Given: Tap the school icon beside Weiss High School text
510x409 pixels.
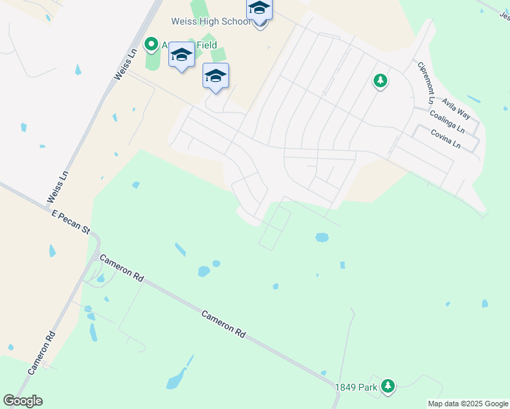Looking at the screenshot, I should coord(259,10).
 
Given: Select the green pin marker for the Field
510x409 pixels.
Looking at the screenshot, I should coord(151,46).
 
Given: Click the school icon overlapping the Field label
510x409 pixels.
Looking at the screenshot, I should coord(181,55).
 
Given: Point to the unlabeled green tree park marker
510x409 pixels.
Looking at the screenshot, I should coord(380,82).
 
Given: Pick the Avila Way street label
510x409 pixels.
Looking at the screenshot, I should coord(455,108).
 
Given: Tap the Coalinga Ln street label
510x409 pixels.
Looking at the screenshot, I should coord(447,123).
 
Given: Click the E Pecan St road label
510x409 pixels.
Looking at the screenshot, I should coord(71,223).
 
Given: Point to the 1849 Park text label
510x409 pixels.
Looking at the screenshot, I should coord(356,387).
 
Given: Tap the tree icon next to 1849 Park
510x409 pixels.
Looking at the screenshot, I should coord(388,387).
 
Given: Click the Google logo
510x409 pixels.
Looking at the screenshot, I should coord(22,401).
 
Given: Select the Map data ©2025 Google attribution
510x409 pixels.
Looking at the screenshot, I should coord(468,404).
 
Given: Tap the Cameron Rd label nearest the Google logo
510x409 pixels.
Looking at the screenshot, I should coord(41,352).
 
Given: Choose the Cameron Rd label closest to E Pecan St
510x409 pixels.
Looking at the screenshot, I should coord(121,268).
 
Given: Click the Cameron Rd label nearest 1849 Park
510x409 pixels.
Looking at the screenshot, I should coord(223,324).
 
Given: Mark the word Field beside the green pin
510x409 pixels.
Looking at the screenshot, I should coord(205,46).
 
